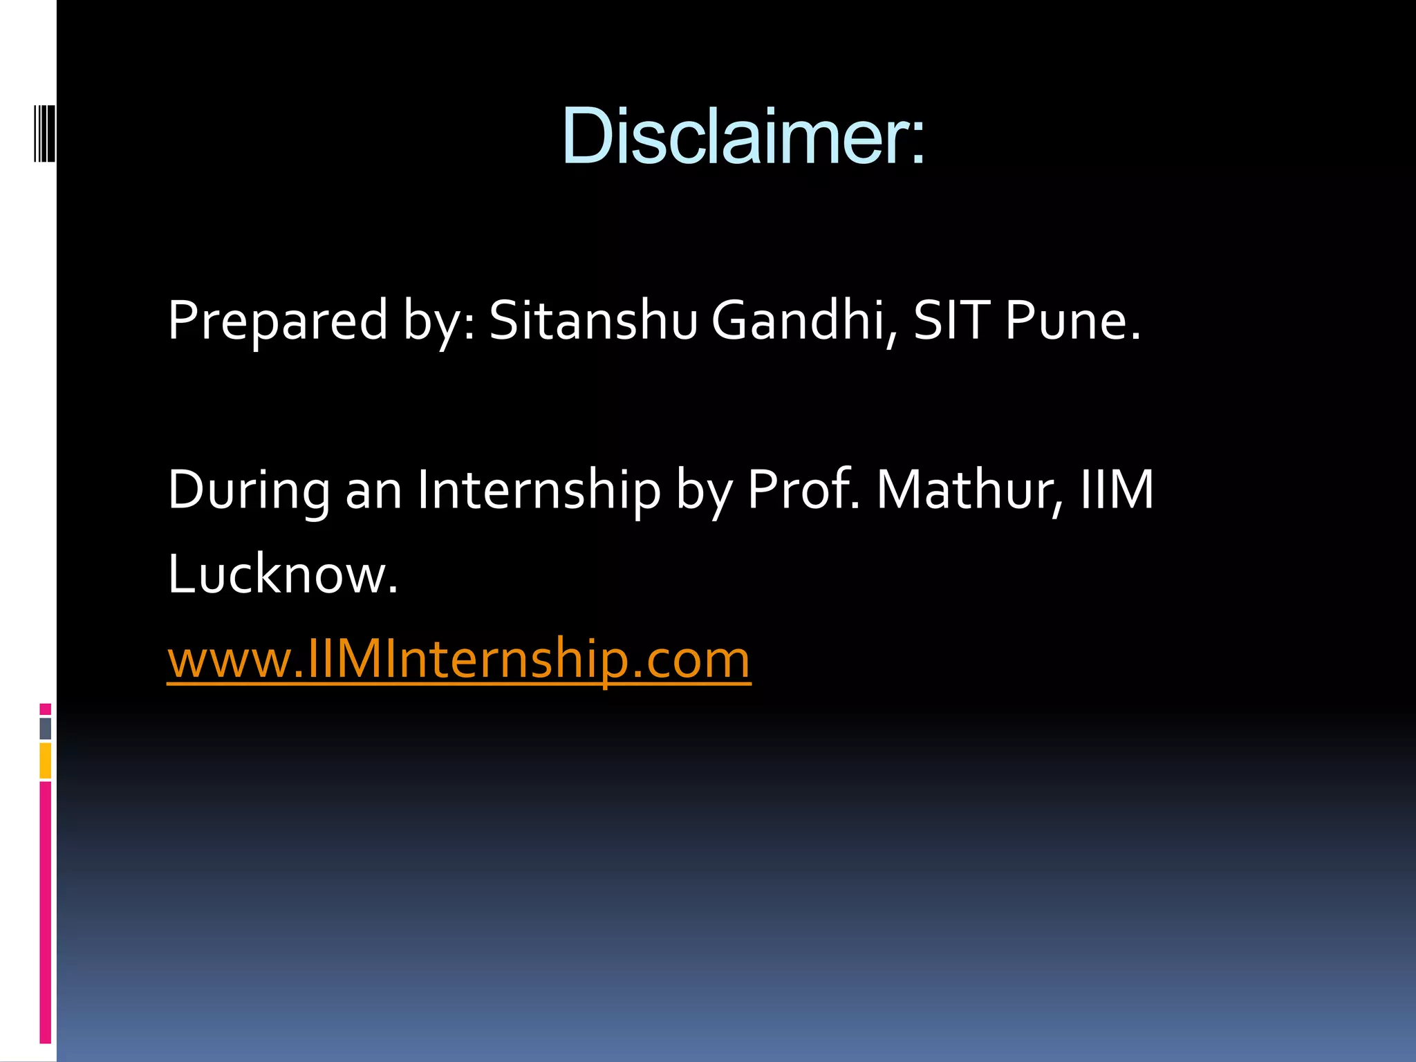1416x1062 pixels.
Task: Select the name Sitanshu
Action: coord(593,320)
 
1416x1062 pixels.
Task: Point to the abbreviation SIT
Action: coord(952,320)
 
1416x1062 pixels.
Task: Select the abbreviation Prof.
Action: coord(804,490)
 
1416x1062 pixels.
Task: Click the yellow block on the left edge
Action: coord(45,761)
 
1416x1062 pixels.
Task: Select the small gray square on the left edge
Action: coord(45,728)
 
